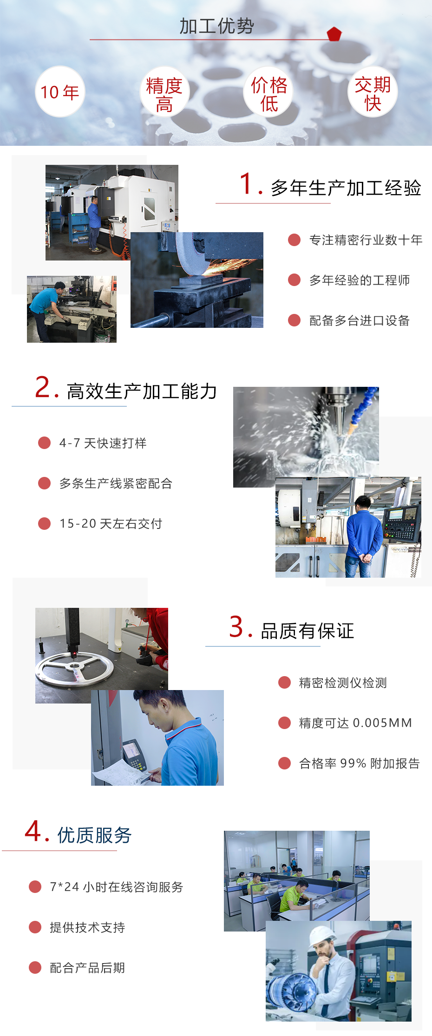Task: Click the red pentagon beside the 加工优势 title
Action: click(334, 34)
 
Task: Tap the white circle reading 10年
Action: click(60, 91)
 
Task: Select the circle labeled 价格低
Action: click(268, 92)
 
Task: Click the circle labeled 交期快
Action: click(373, 92)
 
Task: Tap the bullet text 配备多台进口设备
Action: click(359, 320)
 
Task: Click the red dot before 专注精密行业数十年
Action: click(294, 240)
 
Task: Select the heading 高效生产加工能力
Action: click(142, 391)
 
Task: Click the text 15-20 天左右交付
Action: click(111, 523)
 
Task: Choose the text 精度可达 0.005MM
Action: click(355, 723)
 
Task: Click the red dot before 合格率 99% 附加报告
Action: click(284, 763)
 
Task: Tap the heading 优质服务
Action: click(94, 835)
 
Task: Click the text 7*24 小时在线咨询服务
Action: click(116, 887)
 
